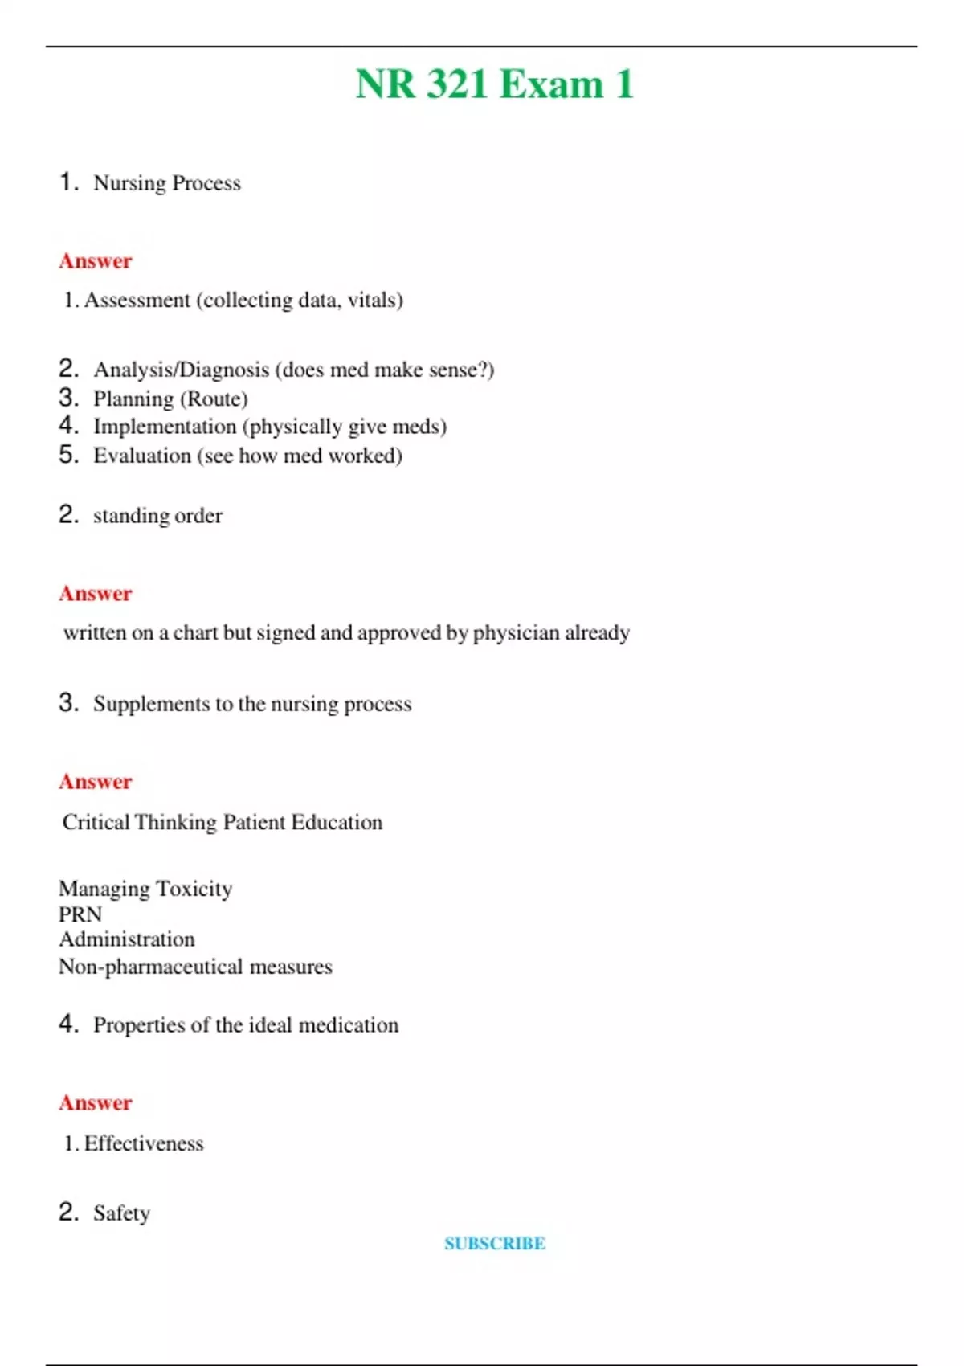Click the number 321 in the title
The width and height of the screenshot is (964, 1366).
coord(456,84)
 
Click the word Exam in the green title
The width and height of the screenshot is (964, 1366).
coord(551,84)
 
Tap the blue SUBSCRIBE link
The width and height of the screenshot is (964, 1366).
coord(495,1243)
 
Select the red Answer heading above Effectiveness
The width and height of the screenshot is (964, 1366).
coord(96,1102)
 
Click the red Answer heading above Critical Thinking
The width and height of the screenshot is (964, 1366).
coord(96,781)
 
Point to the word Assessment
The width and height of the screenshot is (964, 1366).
coord(137,300)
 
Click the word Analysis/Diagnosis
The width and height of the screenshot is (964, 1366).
coord(181,370)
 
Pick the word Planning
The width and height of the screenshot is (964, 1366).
coord(133,399)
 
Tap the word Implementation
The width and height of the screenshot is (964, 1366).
coord(165,426)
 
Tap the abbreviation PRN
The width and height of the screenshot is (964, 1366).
coord(80,914)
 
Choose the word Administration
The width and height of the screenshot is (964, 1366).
coord(127,939)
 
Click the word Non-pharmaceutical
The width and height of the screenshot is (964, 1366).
coord(150,967)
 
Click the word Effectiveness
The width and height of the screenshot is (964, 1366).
coord(144,1143)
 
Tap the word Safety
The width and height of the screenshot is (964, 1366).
coord(121,1213)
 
